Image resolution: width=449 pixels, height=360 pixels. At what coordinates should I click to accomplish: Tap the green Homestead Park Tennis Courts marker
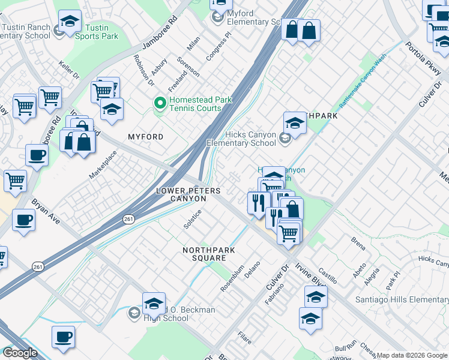click(160, 104)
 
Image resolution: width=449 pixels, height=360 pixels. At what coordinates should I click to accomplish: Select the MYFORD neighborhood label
click(146, 137)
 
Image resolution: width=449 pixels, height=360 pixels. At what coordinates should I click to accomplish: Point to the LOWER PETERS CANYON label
click(188, 194)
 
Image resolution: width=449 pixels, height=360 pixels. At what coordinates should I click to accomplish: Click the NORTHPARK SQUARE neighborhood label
click(208, 254)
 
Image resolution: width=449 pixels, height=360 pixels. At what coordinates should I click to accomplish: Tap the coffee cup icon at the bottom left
click(63, 337)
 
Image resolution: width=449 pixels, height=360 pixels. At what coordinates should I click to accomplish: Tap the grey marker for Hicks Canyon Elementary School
click(285, 139)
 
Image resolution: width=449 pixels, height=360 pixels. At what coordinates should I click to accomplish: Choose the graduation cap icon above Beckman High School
click(154, 302)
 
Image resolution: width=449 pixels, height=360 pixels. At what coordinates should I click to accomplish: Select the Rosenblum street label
click(232, 278)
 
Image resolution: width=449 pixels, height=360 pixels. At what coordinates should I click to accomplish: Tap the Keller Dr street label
click(69, 68)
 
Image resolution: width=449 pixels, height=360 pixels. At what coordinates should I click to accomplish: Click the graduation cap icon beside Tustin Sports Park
click(70, 22)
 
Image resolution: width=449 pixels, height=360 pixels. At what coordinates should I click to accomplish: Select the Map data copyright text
click(412, 355)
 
